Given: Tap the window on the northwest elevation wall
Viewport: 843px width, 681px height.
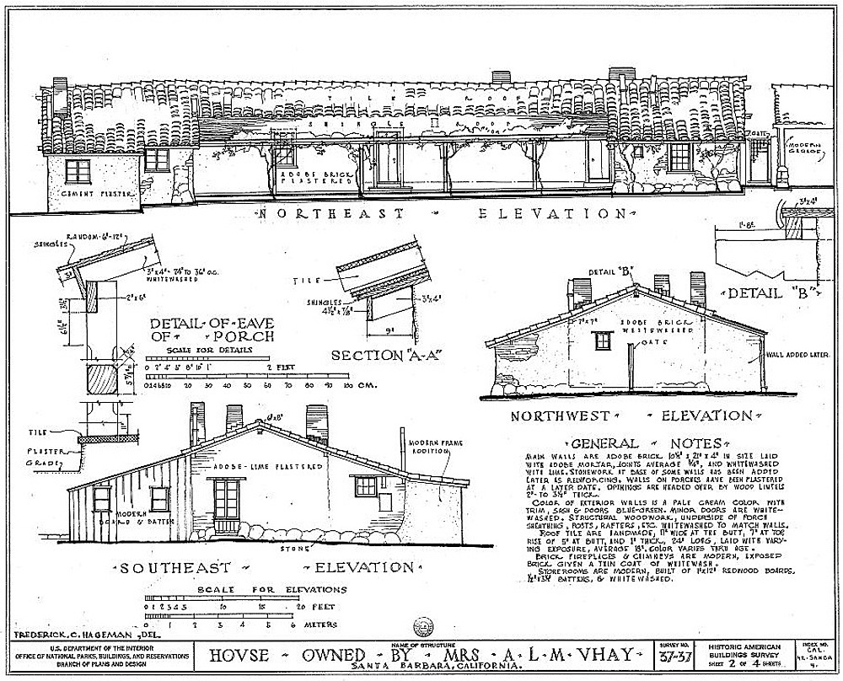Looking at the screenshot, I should pos(603,340).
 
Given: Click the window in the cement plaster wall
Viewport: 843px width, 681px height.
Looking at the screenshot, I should pos(78,172).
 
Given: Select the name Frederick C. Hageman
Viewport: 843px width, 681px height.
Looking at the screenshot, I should pos(72,632).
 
